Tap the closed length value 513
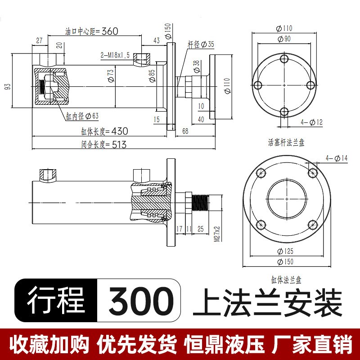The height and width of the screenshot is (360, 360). pyautogui.click(x=116, y=145)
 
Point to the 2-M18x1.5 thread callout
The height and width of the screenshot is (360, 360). pyautogui.click(x=115, y=55)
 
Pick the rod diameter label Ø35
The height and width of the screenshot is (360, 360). pyautogui.click(x=207, y=44)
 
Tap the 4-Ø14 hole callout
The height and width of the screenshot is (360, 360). pyautogui.click(x=337, y=157)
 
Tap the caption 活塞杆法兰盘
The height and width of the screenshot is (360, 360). pyautogui.click(x=286, y=143)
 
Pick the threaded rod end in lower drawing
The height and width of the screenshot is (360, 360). pyautogui.click(x=200, y=203)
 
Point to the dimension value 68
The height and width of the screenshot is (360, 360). pyautogui.click(x=185, y=131)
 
